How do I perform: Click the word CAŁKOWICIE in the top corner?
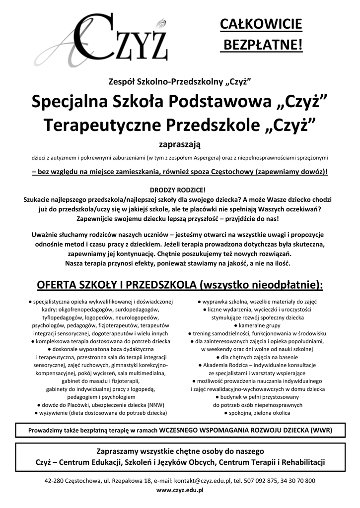click(261, 24)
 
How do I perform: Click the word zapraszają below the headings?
click(179, 144)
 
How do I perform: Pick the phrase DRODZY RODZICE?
click(177, 190)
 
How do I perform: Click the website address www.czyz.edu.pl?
click(180, 490)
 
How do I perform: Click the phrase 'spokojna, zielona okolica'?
click(258, 412)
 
